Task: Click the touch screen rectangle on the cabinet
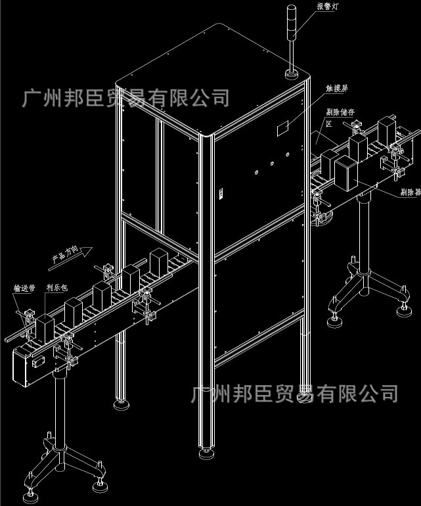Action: click(283, 127)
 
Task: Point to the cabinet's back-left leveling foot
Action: click(120, 403)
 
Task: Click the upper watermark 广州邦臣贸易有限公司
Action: click(125, 99)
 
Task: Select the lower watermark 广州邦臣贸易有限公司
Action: click(294, 394)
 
